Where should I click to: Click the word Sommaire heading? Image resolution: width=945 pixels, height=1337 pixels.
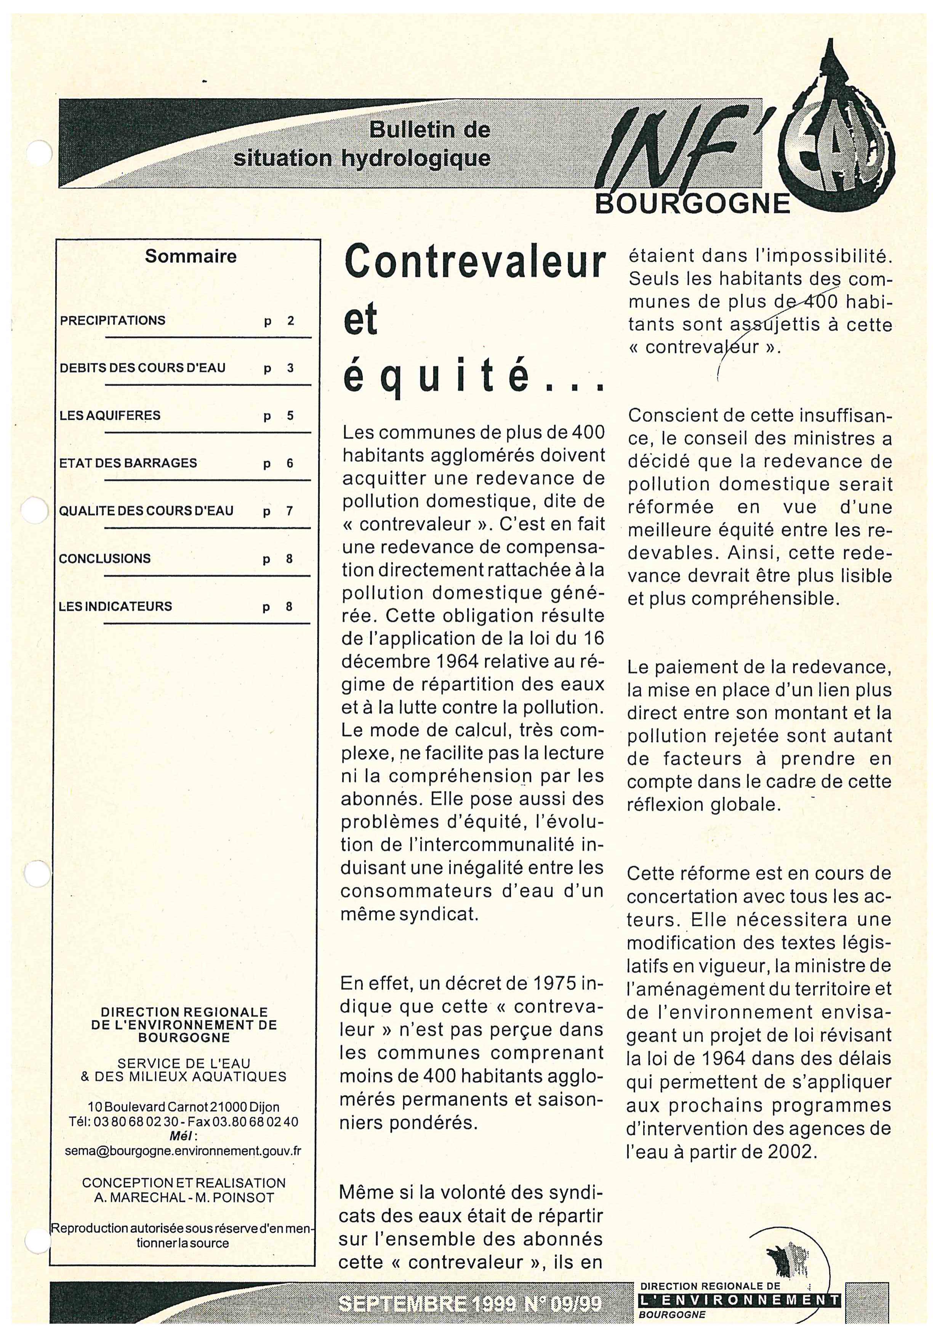coord(191,257)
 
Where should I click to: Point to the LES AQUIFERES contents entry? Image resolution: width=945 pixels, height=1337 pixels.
coord(110,416)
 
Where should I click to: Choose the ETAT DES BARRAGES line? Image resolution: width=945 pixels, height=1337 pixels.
coord(128,464)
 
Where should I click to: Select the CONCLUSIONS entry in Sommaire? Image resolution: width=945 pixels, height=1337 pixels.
coord(105,559)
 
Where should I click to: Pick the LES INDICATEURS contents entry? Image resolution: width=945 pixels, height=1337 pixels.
coord(115,607)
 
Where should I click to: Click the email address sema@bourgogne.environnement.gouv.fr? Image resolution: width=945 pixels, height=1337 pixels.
coord(183,1151)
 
